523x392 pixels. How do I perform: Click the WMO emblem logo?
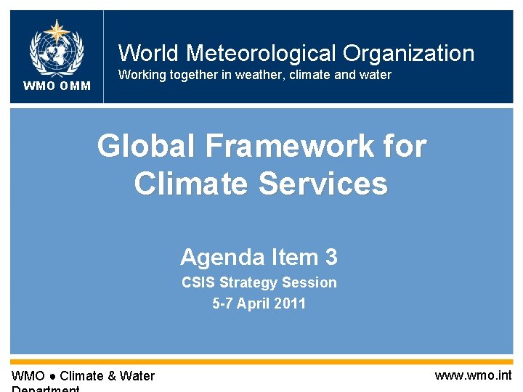click(x=56, y=48)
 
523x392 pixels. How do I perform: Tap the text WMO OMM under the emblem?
click(x=57, y=86)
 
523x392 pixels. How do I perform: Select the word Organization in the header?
click(x=408, y=53)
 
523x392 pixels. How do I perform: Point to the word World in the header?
click(x=149, y=53)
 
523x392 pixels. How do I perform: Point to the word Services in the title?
click(x=323, y=183)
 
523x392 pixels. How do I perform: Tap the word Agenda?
click(x=222, y=257)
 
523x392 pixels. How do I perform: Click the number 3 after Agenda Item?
click(x=331, y=257)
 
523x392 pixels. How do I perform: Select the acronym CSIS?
click(x=198, y=282)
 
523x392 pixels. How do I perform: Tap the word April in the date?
click(x=254, y=303)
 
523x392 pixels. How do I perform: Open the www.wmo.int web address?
click(x=473, y=375)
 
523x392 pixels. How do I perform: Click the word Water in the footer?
click(x=138, y=376)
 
